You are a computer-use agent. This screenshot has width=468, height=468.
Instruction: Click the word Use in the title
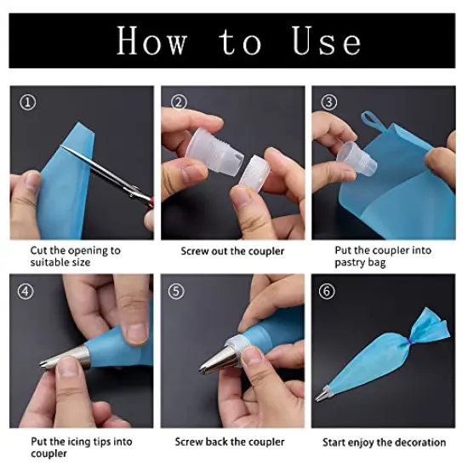[x=327, y=41]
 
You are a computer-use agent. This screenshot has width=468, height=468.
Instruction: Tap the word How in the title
[x=152, y=41]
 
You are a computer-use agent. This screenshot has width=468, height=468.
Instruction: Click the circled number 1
[x=28, y=102]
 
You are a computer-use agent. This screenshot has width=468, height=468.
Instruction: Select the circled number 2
[x=179, y=102]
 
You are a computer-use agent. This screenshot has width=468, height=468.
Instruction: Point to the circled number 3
[x=329, y=102]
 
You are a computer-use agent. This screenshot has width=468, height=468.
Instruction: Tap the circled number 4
[x=26, y=291]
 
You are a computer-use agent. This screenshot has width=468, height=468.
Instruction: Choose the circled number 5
[x=176, y=291]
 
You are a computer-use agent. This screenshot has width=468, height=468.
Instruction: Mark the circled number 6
[x=327, y=291]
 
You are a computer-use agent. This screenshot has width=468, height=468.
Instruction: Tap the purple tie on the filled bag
[x=409, y=340]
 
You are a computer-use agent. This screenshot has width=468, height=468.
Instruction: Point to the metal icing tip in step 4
[x=65, y=359]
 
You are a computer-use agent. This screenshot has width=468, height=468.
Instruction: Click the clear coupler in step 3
[x=357, y=158]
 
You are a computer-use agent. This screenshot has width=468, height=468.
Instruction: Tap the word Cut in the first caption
[x=39, y=250]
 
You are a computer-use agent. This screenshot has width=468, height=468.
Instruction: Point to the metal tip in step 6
[x=322, y=395]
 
